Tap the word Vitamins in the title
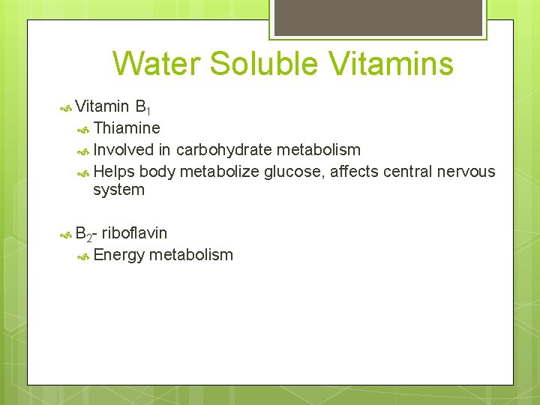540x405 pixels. (394, 64)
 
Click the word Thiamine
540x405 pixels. (127, 128)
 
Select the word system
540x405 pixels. (118, 190)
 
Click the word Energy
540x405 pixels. (119, 255)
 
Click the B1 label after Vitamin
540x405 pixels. (144, 108)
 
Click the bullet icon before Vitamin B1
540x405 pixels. (64, 108)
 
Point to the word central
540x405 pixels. (406, 172)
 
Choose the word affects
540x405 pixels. (355, 172)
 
